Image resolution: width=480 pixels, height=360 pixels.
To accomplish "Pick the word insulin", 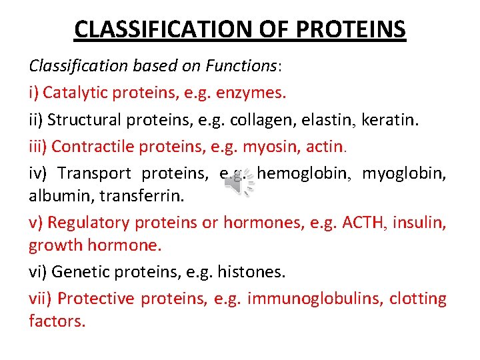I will pos(420,222).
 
